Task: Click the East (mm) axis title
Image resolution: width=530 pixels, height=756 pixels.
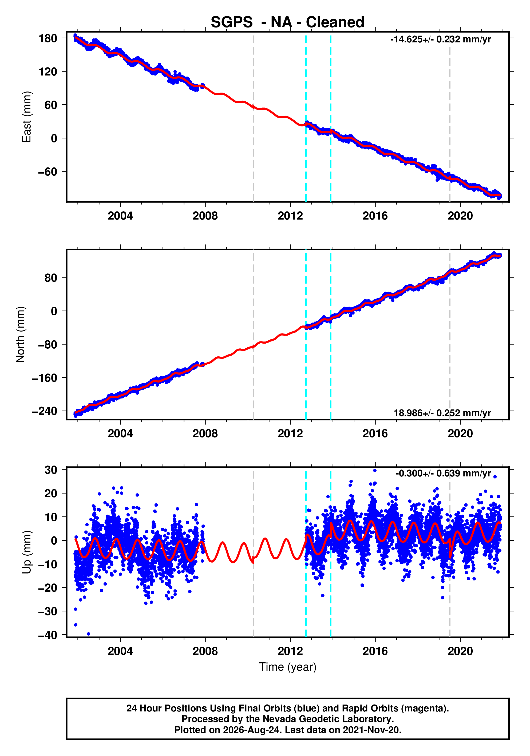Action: [x=26, y=117]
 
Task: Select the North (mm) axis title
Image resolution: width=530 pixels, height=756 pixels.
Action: [x=21, y=335]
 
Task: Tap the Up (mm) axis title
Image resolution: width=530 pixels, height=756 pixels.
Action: [x=26, y=552]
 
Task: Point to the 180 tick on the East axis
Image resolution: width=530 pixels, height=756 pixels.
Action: [x=48, y=38]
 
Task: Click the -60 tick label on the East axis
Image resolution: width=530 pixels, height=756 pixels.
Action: [x=48, y=172]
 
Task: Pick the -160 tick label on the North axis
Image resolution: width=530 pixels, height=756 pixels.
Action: [x=45, y=378]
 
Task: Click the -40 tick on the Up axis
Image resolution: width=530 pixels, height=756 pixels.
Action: [x=48, y=635]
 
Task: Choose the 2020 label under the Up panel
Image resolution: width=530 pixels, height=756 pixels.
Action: [x=460, y=651]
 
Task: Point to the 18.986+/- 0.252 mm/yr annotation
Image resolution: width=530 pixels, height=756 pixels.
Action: [x=442, y=413]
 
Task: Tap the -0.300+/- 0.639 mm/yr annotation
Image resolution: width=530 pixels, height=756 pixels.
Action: [x=443, y=474]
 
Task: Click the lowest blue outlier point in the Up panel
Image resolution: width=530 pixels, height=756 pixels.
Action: [x=88, y=634]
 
